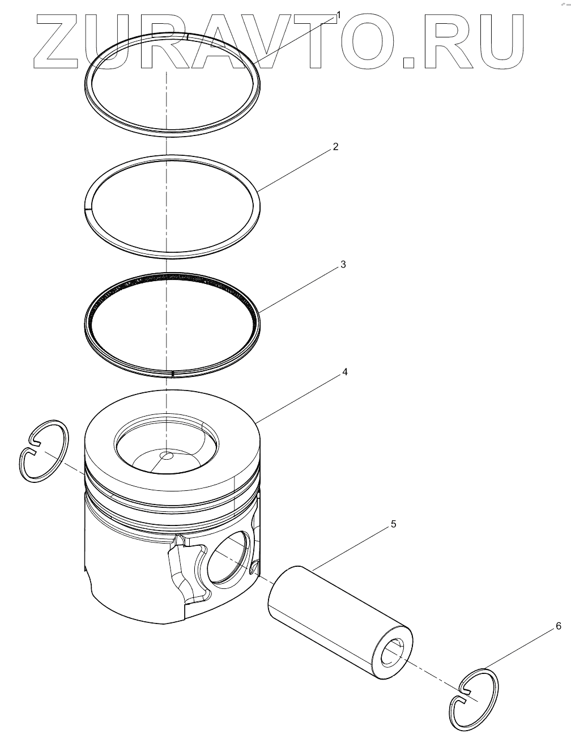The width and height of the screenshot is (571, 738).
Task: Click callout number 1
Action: coord(338,15)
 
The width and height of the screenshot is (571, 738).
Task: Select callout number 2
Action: coord(335,147)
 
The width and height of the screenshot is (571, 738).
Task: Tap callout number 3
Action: coord(343,265)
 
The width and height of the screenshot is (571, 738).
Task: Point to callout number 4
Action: coord(345,372)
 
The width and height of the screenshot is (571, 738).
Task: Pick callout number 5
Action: coord(393,524)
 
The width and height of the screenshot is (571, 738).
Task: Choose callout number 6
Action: coord(559,626)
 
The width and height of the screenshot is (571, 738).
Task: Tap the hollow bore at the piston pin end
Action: coord(393,653)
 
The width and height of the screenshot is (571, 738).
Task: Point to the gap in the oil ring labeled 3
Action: coord(172,374)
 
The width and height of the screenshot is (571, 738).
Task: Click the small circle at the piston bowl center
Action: coord(167,456)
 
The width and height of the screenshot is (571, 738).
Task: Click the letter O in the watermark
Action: coord(368,42)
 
